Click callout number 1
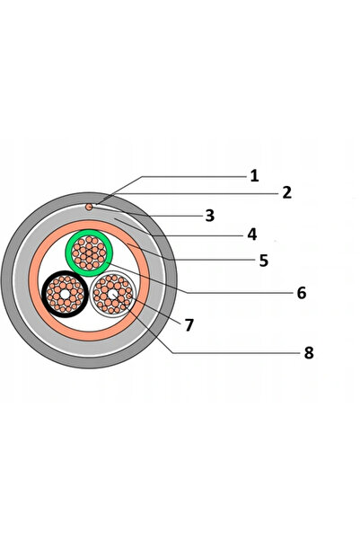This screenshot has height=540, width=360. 254,176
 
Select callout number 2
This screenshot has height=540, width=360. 287,192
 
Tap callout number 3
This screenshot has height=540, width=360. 210,216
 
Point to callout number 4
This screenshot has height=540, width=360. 252,235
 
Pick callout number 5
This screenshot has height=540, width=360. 264,261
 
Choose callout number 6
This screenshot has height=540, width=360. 302,293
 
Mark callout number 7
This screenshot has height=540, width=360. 189,325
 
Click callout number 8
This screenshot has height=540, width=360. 309,353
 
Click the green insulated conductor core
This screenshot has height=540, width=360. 89,252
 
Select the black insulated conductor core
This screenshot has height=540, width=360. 65,294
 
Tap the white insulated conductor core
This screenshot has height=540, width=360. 113,294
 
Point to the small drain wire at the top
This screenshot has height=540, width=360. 89,207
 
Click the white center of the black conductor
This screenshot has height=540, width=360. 65,294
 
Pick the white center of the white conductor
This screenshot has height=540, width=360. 113,295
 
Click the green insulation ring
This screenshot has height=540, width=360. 89,232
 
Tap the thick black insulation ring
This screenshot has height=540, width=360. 65,273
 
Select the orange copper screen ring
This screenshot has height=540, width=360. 89,225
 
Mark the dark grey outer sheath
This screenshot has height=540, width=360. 89,198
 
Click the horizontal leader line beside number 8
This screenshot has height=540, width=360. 236,353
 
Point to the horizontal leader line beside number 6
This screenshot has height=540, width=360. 240,293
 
